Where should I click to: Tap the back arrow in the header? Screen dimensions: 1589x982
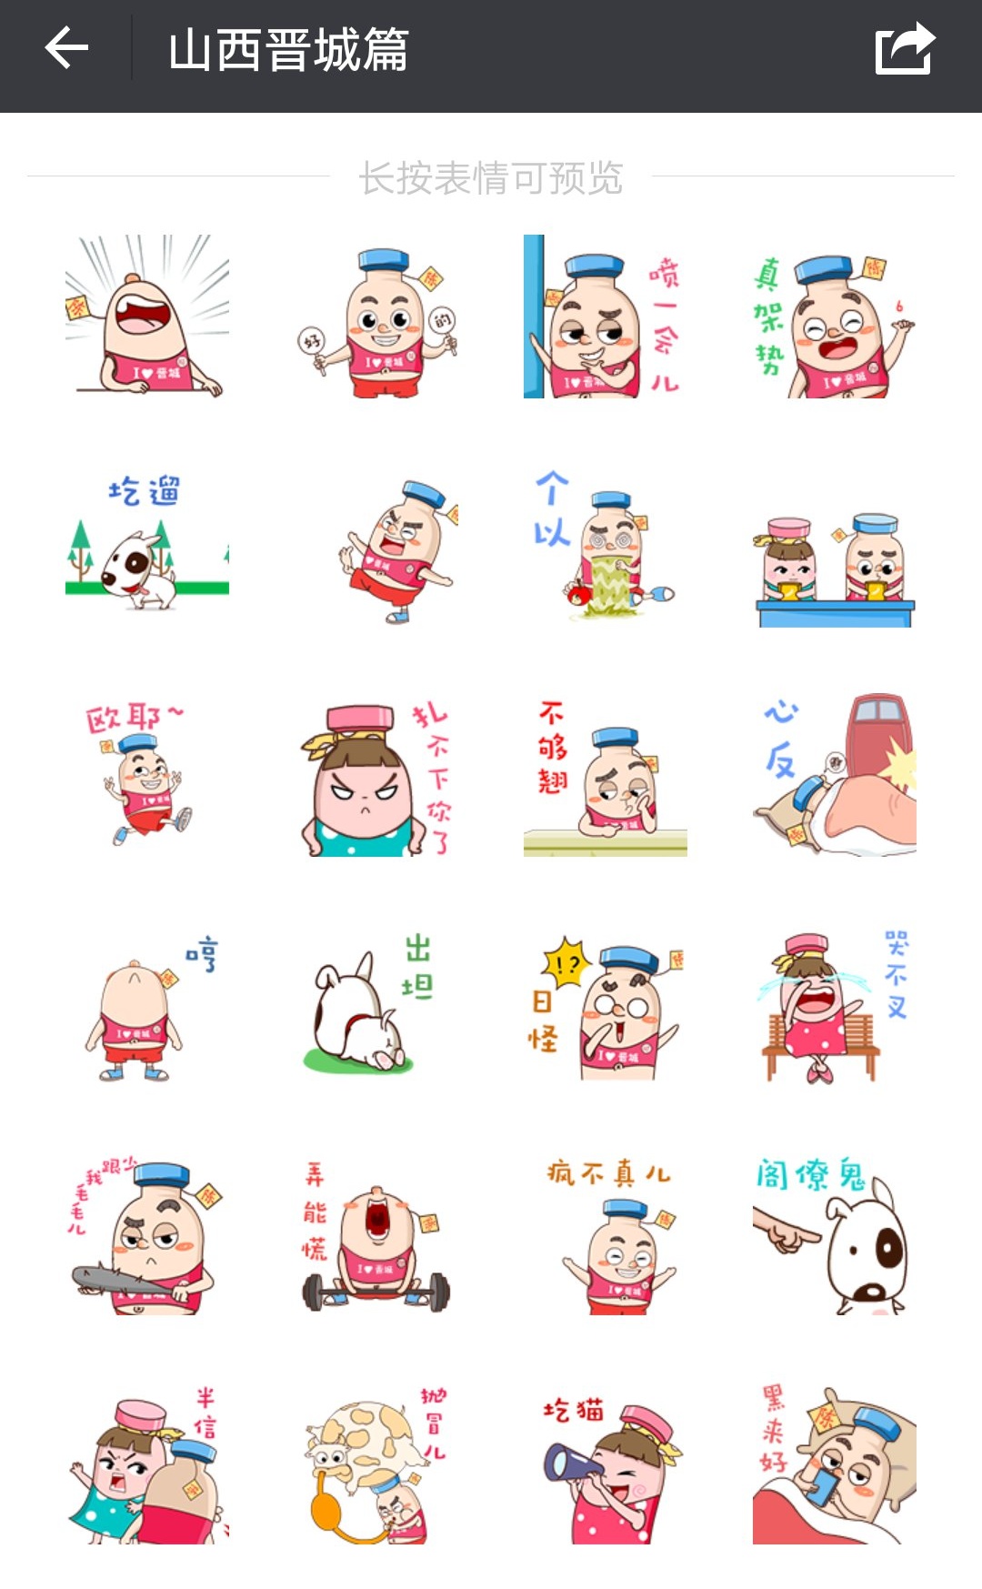point(66,48)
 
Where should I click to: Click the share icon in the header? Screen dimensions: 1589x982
point(905,49)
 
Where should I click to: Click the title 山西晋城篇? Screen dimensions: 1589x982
point(288,50)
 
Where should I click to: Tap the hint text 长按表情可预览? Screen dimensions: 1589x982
point(491,178)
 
